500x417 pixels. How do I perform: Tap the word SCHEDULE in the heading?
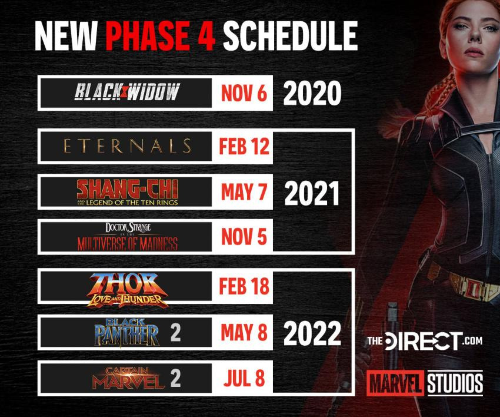tap(290, 36)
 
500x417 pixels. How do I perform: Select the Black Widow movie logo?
tap(127, 92)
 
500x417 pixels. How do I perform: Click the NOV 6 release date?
tap(244, 93)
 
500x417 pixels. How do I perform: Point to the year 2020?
tap(312, 93)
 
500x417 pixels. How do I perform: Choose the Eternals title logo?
tap(127, 146)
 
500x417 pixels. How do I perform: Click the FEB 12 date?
tap(244, 146)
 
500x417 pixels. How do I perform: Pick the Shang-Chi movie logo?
tap(127, 192)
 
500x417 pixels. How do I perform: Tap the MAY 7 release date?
tap(244, 192)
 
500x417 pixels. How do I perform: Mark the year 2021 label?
tap(312, 194)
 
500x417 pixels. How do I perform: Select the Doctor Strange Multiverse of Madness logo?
tap(127, 236)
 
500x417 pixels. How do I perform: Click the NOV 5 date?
tap(244, 237)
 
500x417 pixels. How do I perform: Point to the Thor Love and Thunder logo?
tap(127, 290)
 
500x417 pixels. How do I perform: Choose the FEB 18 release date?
tap(244, 286)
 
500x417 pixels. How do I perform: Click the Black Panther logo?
tap(127, 332)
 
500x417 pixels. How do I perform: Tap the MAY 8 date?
tap(244, 332)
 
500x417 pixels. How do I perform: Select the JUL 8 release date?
tap(244, 378)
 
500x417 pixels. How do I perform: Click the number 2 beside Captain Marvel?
tap(175, 378)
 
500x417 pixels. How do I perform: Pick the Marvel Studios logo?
tap(425, 383)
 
